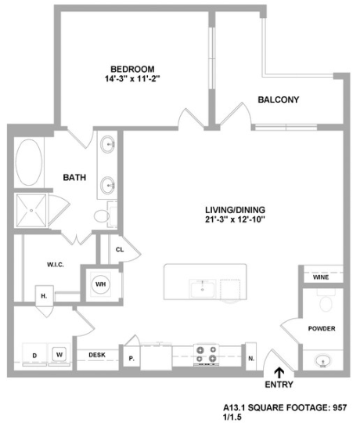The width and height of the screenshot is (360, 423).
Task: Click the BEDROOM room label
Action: [x=132, y=68]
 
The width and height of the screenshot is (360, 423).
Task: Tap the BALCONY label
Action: [x=279, y=100]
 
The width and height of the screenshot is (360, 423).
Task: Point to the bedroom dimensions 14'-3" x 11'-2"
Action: [x=132, y=79]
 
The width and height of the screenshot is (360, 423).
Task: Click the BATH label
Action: [x=74, y=178]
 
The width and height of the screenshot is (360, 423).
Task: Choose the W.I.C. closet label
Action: [x=55, y=264]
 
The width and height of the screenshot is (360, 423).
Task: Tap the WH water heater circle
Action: [x=101, y=284]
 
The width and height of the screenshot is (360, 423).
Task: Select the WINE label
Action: [x=321, y=277]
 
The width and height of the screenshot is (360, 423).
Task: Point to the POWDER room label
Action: [x=322, y=328]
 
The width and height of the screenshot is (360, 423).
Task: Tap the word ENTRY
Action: [x=279, y=385]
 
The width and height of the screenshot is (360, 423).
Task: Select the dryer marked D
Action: [x=34, y=355]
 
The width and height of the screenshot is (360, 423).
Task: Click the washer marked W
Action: [x=59, y=354]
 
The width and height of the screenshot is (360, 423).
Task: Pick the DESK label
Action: [x=97, y=355]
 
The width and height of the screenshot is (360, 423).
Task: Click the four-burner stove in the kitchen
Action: [x=206, y=355]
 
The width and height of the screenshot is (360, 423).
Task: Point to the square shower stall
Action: [x=32, y=211]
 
